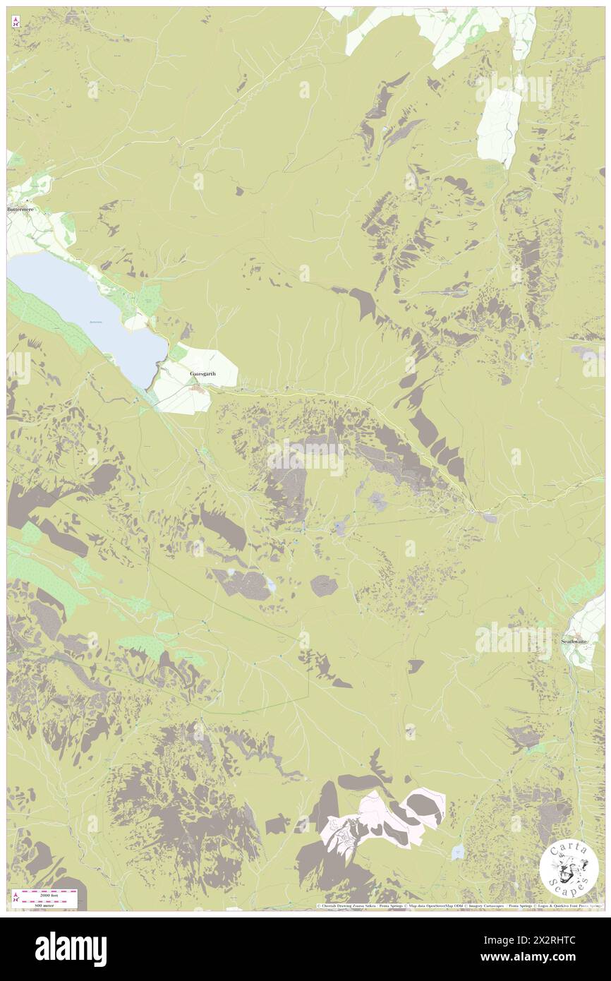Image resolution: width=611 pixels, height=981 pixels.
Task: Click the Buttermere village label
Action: (x=20, y=210)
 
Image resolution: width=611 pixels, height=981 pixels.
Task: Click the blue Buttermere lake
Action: (x=85, y=311)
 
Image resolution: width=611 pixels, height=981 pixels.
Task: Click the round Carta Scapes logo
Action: (x=568, y=868)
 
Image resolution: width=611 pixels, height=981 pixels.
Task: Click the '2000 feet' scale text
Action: (x=50, y=894)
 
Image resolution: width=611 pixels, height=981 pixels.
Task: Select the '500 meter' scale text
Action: (x=50, y=905)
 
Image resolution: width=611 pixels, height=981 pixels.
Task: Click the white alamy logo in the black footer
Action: (x=71, y=949)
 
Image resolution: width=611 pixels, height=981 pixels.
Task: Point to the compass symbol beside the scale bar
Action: (x=16, y=896)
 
